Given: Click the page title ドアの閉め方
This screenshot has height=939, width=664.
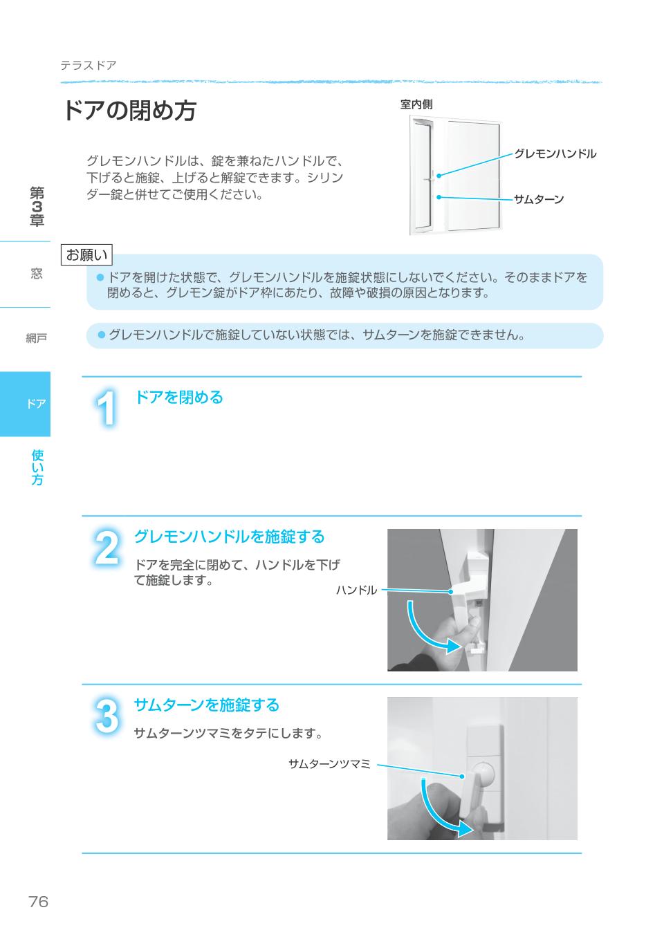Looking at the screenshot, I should pyautogui.click(x=129, y=111).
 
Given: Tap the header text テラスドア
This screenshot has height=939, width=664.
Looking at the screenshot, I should pyautogui.click(x=88, y=66).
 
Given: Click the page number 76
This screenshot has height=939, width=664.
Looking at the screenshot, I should pyautogui.click(x=39, y=901).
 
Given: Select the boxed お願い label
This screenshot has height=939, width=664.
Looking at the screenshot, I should pyautogui.click(x=86, y=255).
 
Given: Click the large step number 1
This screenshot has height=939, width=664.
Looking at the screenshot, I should pyautogui.click(x=106, y=409).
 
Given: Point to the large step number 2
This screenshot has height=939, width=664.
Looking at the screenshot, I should pyautogui.click(x=106, y=549).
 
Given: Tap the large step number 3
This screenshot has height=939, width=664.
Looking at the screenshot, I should pyautogui.click(x=106, y=717).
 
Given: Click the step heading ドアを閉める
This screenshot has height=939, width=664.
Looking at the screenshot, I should pyautogui.click(x=178, y=397).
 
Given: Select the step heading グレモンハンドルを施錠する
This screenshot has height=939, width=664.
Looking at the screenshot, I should pyautogui.click(x=229, y=537).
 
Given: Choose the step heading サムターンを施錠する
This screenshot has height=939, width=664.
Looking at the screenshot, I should pyautogui.click(x=206, y=705).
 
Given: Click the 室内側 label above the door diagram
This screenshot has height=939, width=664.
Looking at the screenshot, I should pyautogui.click(x=416, y=104).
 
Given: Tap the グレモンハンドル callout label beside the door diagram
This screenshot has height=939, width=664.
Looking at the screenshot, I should pyautogui.click(x=555, y=154).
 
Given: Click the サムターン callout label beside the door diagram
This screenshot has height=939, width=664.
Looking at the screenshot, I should pyautogui.click(x=539, y=200).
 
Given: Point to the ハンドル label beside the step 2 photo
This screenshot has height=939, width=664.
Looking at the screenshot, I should pyautogui.click(x=356, y=590).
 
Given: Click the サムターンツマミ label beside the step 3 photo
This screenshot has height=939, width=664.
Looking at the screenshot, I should pyautogui.click(x=329, y=764).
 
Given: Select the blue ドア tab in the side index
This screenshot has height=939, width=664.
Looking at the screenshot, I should pyautogui.click(x=26, y=404).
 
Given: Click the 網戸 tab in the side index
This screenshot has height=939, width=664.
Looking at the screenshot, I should pyautogui.click(x=36, y=338).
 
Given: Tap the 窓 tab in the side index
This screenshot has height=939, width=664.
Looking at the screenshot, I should pyautogui.click(x=36, y=274).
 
